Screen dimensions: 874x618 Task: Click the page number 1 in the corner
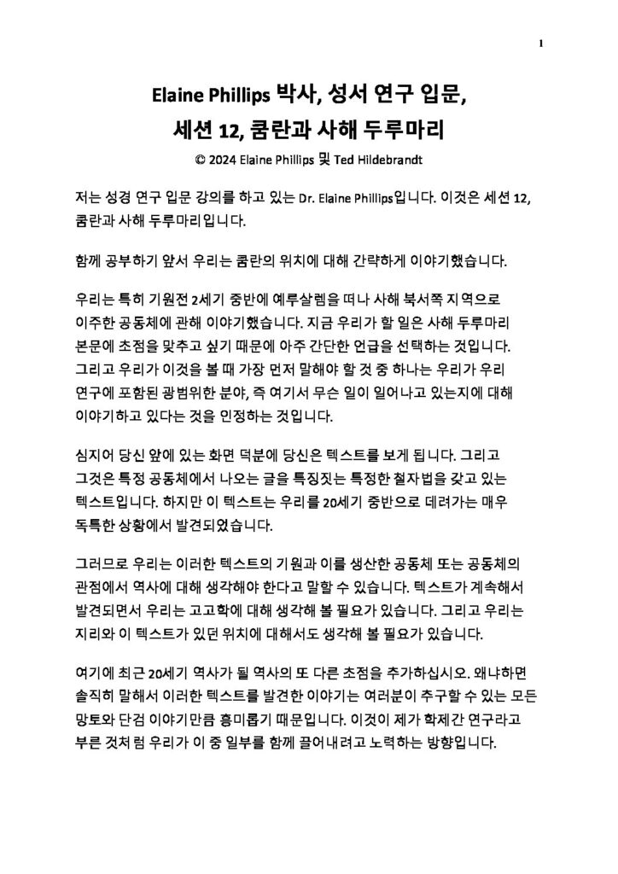tap(542, 44)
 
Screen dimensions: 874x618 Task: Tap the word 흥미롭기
tap(275, 720)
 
